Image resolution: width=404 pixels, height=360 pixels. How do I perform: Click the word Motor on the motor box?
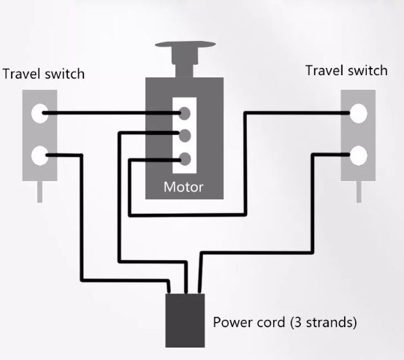point(183,187)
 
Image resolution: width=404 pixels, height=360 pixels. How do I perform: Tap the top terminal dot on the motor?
point(185,113)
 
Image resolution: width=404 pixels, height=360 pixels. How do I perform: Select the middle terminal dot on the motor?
point(185,136)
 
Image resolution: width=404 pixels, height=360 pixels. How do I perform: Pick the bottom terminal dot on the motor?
point(185,159)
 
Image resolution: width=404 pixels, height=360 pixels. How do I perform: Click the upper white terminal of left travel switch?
point(40,113)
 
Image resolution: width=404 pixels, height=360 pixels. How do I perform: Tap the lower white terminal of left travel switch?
point(40,156)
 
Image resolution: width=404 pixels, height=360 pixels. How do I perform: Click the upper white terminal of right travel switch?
point(359,113)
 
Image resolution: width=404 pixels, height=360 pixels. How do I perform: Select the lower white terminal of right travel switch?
point(359,156)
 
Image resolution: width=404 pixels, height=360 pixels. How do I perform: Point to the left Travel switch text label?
point(44,74)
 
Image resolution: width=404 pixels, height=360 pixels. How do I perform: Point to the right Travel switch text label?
point(346,71)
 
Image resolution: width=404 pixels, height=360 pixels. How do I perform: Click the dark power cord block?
point(185,321)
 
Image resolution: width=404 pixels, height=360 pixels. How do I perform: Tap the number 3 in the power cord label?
point(297,322)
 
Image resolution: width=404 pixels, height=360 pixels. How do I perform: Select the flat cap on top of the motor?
point(186,45)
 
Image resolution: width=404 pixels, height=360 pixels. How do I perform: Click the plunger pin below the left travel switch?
point(39,192)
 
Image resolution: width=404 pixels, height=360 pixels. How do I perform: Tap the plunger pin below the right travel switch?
point(359,192)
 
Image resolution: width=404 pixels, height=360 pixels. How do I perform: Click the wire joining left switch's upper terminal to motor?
point(111,112)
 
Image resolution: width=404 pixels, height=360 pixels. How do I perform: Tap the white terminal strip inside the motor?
point(185,135)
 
